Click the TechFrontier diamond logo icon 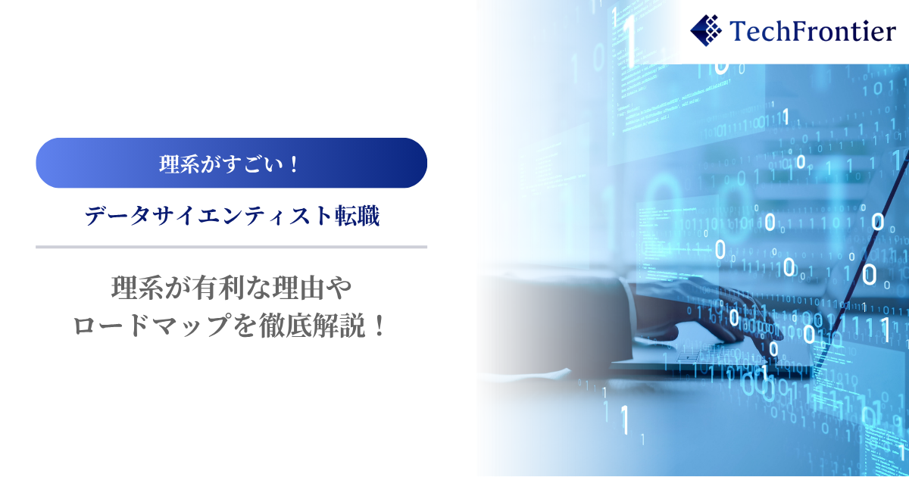pos(706,30)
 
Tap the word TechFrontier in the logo pos(812,31)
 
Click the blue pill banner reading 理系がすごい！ pos(231,163)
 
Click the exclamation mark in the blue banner pos(294,164)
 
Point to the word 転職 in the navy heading pos(357,216)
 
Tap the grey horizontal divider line pos(231,247)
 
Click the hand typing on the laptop pos(706,320)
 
